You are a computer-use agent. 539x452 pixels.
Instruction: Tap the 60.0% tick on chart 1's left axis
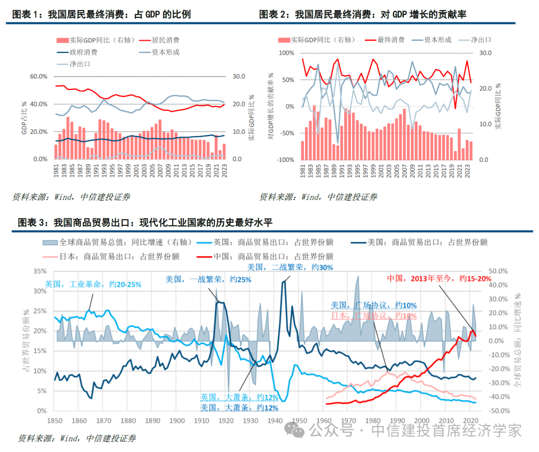(x=38, y=76)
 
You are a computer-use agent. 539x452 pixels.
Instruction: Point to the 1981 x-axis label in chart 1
(x=56, y=171)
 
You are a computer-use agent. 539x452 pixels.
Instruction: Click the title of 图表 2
(x=363, y=14)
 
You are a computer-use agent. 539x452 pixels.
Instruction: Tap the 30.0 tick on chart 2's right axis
(x=486, y=53)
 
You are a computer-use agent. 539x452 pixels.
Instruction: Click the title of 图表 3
(x=145, y=222)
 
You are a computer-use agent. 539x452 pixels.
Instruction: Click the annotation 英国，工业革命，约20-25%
(x=93, y=284)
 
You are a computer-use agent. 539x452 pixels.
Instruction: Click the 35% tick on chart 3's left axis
(x=38, y=271)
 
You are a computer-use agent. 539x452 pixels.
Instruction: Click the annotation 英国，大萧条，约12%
(x=239, y=398)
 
